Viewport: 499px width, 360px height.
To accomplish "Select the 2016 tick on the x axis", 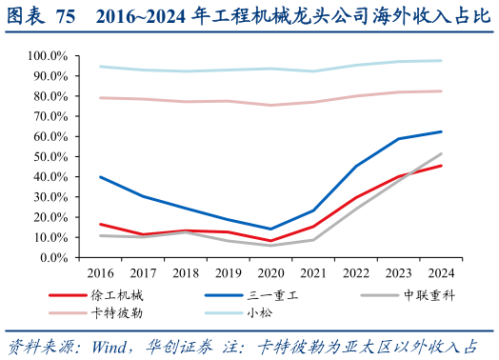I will click(x=100, y=273).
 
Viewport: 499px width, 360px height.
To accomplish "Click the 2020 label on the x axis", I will click(x=270, y=273).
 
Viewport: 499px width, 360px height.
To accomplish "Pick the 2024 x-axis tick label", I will click(x=441, y=273).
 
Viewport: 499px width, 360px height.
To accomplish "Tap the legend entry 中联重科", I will click(x=429, y=295).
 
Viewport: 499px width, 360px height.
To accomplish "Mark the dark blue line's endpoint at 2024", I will click(x=441, y=131).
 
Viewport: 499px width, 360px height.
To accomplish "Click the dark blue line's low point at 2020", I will click(x=270, y=229).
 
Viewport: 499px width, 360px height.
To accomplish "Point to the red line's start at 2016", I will click(x=100, y=224).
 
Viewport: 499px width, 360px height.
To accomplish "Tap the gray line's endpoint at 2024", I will click(x=441, y=153).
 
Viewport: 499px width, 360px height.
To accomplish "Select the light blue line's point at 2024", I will click(x=441, y=61).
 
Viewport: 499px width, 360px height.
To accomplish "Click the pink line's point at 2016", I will click(x=100, y=97).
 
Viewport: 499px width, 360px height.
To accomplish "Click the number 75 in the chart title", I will click(x=66, y=17).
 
